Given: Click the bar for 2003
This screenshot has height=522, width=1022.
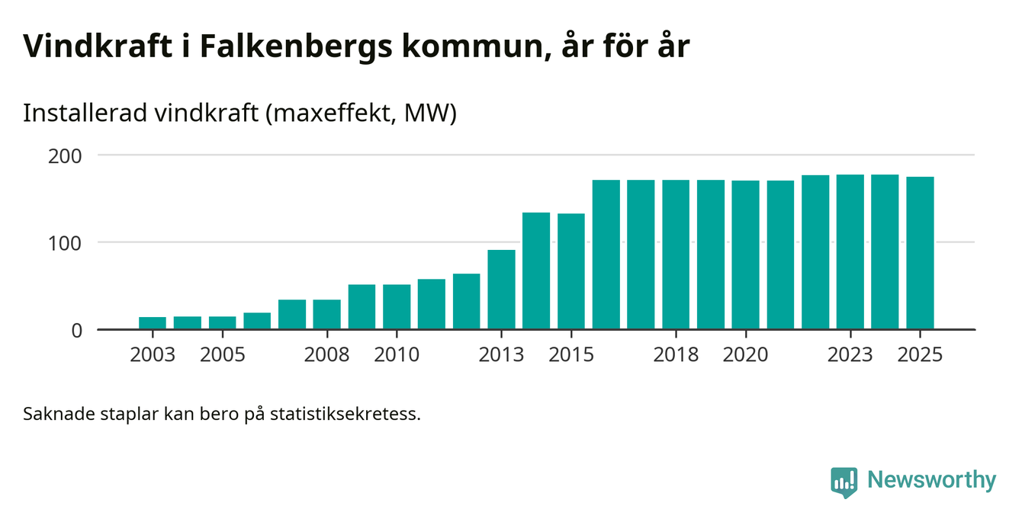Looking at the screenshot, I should pyautogui.click(x=153, y=323).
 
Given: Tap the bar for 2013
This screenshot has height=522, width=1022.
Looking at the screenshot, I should pyautogui.click(x=501, y=290).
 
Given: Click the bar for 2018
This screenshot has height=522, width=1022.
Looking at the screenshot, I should pyautogui.click(x=676, y=255).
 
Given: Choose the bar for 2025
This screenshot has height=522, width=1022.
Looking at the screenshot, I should pyautogui.click(x=920, y=253).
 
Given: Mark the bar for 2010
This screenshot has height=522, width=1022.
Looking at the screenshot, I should pyautogui.click(x=397, y=307).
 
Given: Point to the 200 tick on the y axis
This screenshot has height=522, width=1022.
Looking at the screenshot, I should pyautogui.click(x=66, y=155).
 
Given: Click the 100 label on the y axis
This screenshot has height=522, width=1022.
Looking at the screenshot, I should pyautogui.click(x=66, y=242).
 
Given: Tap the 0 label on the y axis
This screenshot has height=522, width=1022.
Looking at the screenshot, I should pyautogui.click(x=77, y=330).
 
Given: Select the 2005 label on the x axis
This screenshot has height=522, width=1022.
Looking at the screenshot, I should pyautogui.click(x=222, y=355).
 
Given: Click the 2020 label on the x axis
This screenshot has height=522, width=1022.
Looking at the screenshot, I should pyautogui.click(x=745, y=355).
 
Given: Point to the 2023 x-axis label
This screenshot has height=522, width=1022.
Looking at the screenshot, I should pyautogui.click(x=850, y=355).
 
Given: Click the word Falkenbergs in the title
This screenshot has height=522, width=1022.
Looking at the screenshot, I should pyautogui.click(x=295, y=47).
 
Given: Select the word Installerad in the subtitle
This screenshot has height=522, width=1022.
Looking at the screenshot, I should pyautogui.click(x=85, y=114).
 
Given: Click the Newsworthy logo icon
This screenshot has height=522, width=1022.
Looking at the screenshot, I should pyautogui.click(x=844, y=482).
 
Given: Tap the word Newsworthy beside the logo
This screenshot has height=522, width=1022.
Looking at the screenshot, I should pyautogui.click(x=931, y=481).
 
